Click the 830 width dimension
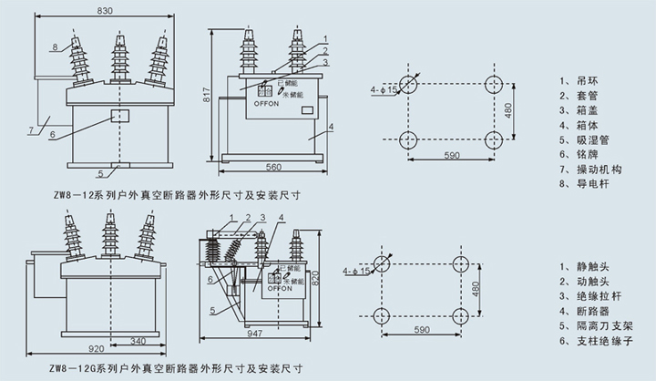click(107, 9)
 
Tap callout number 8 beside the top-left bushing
click(55, 46)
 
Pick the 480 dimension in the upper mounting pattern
click(509, 110)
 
